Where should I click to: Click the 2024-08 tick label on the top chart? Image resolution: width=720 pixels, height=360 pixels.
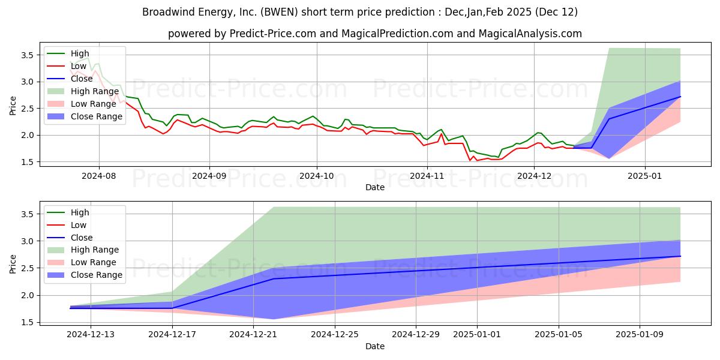(98, 176)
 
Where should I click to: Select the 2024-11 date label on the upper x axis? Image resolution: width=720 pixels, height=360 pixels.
(427, 176)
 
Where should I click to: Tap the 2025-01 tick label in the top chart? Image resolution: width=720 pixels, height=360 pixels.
(645, 176)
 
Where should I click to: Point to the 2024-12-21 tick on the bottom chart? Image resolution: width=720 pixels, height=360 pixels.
(253, 335)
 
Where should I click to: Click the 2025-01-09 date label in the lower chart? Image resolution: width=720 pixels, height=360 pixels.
(640, 335)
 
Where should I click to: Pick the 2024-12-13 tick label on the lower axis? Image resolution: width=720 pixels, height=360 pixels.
(91, 335)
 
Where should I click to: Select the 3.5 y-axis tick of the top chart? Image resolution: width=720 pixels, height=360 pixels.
(28, 55)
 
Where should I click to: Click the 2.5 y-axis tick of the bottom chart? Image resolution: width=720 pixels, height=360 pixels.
(28, 268)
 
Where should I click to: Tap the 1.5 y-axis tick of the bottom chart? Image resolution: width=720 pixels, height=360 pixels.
(28, 322)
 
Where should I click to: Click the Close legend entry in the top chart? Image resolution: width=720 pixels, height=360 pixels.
(82, 79)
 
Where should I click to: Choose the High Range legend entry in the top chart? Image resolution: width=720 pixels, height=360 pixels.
(95, 91)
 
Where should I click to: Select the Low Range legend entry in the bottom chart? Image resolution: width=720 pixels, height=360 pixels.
(93, 262)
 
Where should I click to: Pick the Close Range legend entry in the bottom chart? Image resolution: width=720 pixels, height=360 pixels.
(97, 275)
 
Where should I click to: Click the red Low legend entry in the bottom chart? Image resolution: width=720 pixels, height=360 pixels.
(79, 225)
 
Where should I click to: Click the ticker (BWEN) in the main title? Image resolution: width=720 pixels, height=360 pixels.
(280, 12)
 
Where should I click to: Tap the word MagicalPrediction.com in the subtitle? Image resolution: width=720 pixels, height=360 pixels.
(397, 34)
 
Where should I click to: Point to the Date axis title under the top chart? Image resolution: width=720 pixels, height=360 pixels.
(375, 187)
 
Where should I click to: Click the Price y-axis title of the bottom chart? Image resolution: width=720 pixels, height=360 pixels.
(13, 264)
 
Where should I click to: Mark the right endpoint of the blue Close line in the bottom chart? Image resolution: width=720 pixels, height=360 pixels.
(680, 256)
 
